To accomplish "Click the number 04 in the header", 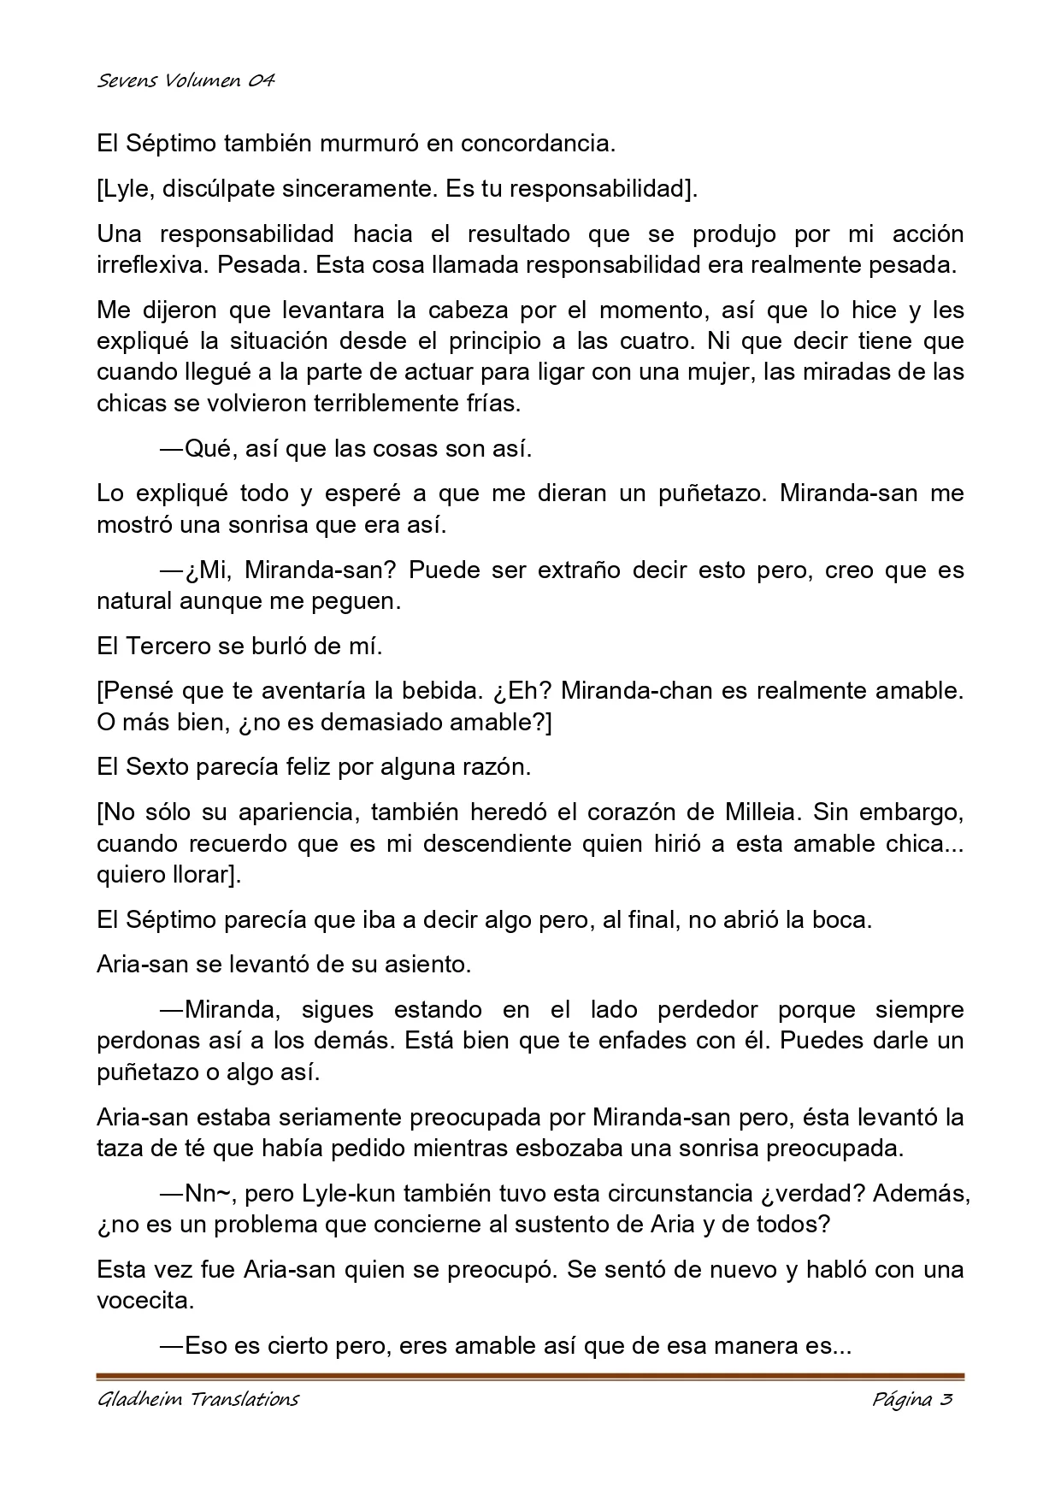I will tap(261, 81).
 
